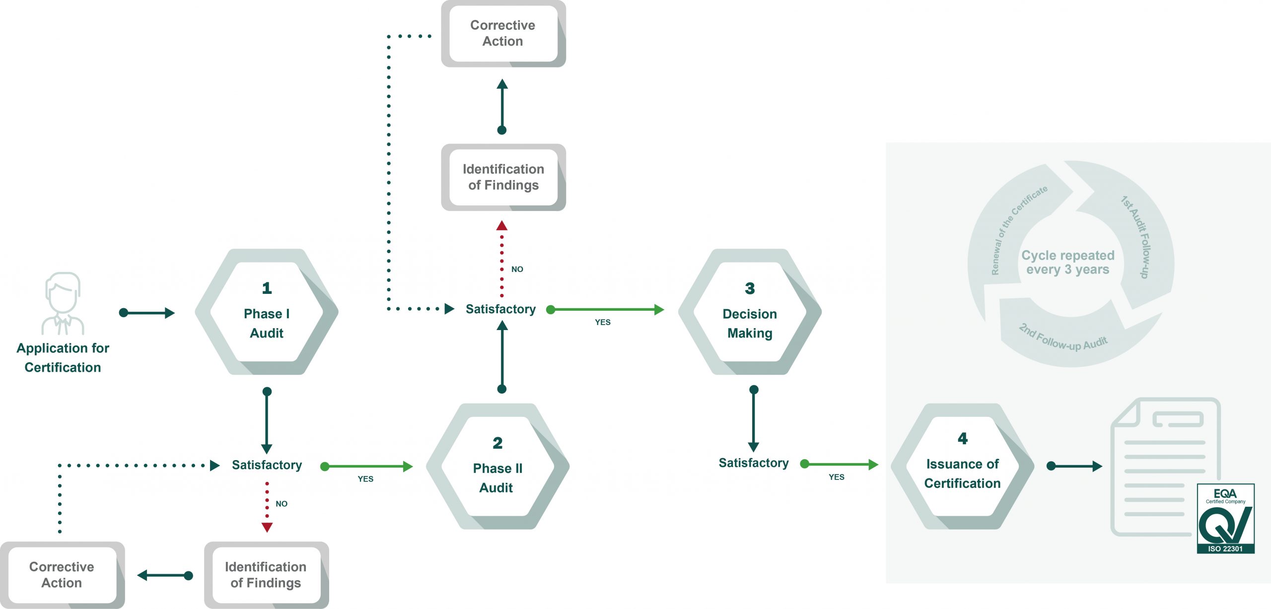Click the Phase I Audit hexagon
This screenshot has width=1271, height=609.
click(267, 312)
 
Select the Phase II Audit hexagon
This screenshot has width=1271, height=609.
click(497, 467)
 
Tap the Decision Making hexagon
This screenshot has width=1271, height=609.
click(750, 312)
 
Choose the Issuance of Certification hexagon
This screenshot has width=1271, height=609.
click(962, 467)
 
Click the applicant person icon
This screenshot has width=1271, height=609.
click(63, 303)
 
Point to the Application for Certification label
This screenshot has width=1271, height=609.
click(63, 357)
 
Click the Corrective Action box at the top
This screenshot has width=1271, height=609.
click(503, 33)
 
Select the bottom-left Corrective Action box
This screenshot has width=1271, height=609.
click(62, 575)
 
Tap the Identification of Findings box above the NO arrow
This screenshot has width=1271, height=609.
click(503, 177)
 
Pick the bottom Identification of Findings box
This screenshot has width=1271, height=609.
click(266, 575)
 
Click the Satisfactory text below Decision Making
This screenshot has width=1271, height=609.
click(753, 463)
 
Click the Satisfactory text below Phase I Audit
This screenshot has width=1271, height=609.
click(267, 465)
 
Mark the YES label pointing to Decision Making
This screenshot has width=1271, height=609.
click(603, 322)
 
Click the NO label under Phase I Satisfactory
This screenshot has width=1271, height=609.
click(282, 504)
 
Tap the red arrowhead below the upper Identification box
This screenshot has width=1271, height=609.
click(502, 226)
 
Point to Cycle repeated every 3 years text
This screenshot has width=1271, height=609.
click(1067, 262)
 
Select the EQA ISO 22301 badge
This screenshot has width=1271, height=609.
click(1225, 519)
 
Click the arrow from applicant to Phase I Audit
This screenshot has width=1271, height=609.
click(147, 313)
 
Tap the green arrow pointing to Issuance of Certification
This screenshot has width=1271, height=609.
click(839, 464)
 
